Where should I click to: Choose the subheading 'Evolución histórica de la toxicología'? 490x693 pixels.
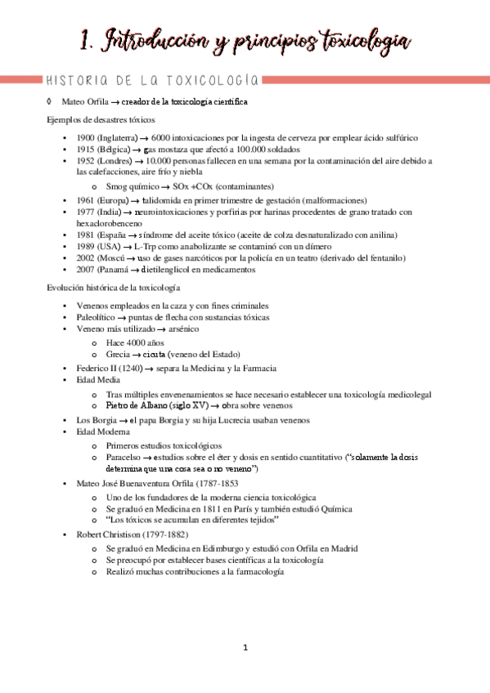coord(114,288)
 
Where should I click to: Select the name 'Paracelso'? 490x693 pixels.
coord(125,457)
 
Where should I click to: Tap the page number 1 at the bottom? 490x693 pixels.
coord(245,648)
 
